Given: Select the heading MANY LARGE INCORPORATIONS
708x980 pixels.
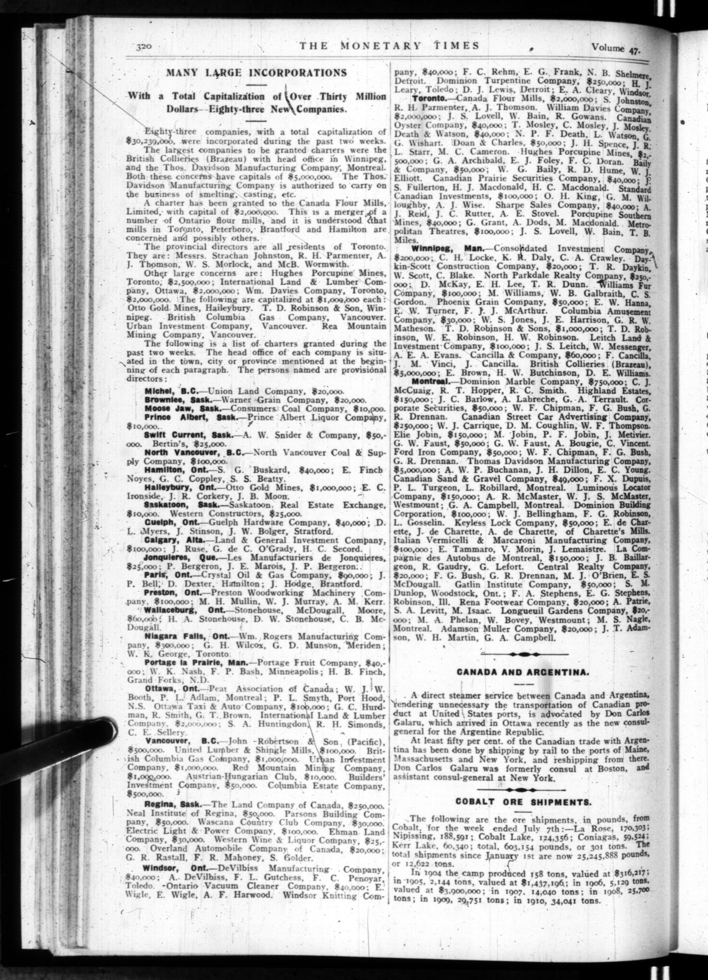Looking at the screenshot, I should click(256, 73).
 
